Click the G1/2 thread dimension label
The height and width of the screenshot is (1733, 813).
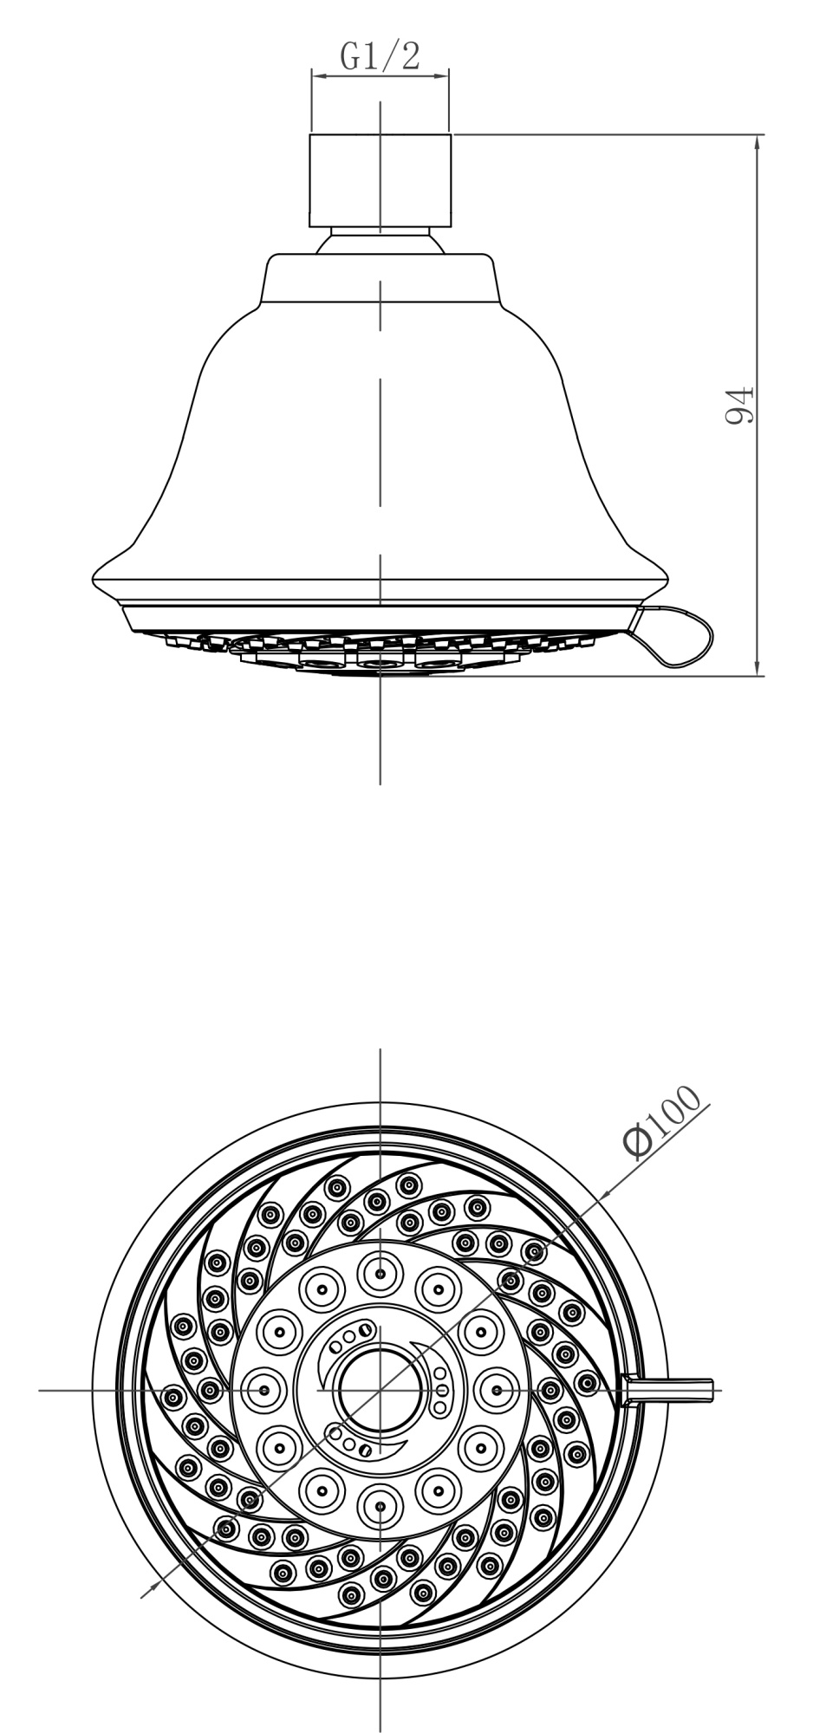pyautogui.click(x=380, y=56)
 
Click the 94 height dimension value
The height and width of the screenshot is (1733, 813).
pyautogui.click(x=740, y=405)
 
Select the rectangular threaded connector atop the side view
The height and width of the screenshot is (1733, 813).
pyautogui.click(x=380, y=181)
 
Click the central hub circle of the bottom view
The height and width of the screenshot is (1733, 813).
pyautogui.click(x=380, y=1389)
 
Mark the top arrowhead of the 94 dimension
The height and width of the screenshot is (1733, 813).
pyautogui.click(x=758, y=141)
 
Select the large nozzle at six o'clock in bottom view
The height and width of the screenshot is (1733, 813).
pyautogui.click(x=380, y=1507)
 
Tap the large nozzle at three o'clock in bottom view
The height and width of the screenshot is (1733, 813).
pyautogui.click(x=497, y=1390)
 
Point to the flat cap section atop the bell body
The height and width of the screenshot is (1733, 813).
pyautogui.click(x=380, y=279)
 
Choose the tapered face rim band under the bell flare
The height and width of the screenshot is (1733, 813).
pyautogui.click(x=380, y=618)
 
